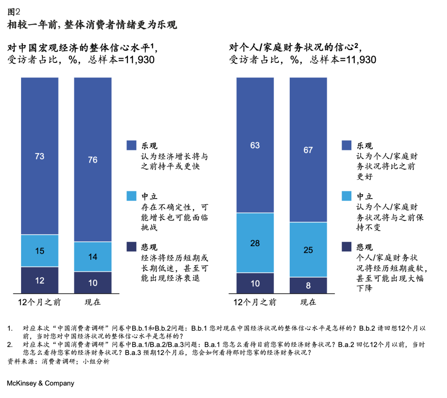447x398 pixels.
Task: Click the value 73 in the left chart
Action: [40, 156]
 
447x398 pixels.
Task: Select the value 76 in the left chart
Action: [93, 160]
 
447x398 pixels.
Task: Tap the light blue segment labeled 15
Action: [40, 251]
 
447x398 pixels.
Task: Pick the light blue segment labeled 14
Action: [93, 257]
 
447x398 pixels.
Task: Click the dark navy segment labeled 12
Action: [40, 281]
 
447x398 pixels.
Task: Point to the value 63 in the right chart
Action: [255, 145]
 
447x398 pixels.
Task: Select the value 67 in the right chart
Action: [308, 150]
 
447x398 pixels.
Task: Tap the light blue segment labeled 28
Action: [255, 243]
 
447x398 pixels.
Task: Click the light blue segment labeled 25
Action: [308, 250]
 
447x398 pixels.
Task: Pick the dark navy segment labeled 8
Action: [308, 285]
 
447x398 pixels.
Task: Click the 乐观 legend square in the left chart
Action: [131, 145]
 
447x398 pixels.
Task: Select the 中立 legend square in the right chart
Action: [346, 196]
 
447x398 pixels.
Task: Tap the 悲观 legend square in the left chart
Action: [131, 247]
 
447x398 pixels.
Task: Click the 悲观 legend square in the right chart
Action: [346, 247]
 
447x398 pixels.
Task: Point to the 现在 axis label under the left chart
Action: [93, 302]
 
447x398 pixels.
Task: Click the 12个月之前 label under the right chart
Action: [255, 302]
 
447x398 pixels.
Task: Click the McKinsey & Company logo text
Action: [41, 383]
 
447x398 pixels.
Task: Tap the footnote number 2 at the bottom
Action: [10, 344]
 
